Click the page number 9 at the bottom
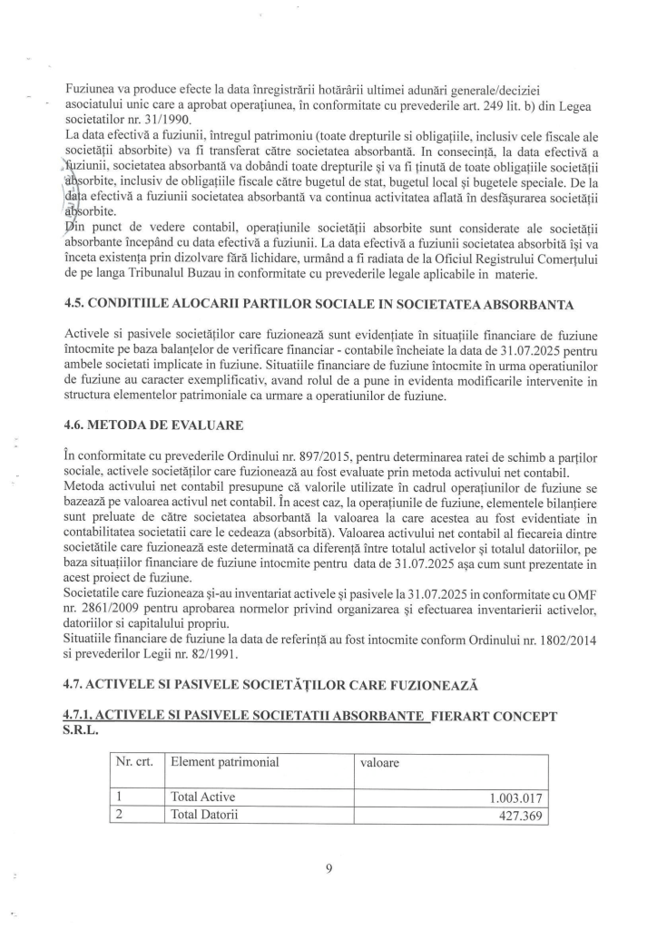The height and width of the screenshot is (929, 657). tap(329, 868)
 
